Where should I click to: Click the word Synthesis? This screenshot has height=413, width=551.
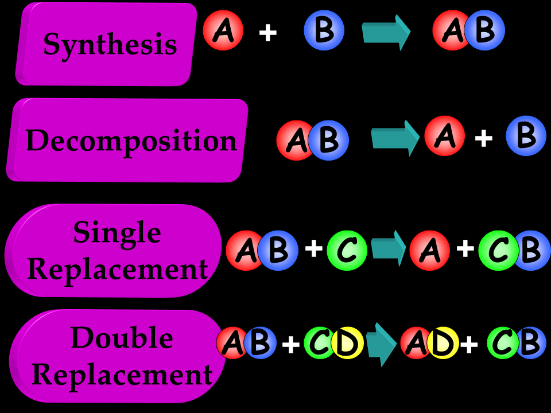110,44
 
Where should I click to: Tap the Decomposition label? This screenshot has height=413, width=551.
131,141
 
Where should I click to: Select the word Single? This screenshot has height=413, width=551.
117,232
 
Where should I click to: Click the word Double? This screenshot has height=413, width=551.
122,338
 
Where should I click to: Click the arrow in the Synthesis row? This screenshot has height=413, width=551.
386,32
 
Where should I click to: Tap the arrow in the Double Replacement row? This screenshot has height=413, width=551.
381,344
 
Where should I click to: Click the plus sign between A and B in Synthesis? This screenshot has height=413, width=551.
267,33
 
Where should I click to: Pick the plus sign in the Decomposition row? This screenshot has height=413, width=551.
484,138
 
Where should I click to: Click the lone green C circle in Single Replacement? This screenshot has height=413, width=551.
347,250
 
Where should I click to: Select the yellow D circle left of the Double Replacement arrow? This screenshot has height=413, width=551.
347,343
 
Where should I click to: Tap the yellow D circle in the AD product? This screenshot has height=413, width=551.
443,343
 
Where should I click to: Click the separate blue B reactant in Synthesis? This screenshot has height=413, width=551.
324,30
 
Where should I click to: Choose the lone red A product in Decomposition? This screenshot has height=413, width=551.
444,136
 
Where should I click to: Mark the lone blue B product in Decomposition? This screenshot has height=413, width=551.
526,136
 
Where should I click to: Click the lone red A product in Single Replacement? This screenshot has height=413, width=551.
429,250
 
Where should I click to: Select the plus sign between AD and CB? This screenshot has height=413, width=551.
469,344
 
